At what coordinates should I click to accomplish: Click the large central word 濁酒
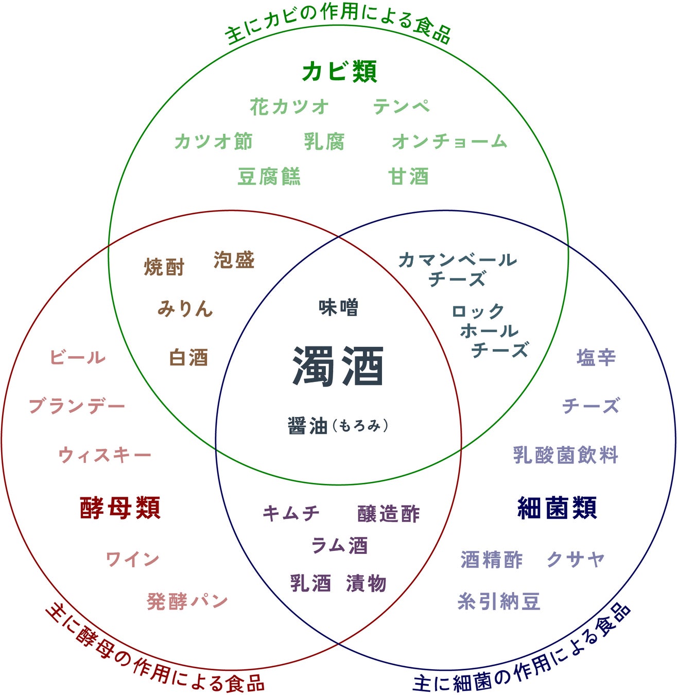point(338,366)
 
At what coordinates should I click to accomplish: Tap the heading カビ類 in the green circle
point(339,72)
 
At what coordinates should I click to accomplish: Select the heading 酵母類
point(120,508)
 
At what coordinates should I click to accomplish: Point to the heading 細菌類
point(557,508)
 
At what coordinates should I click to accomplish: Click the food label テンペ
point(401,107)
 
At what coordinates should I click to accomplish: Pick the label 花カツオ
point(289,107)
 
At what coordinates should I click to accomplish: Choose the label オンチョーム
point(449,141)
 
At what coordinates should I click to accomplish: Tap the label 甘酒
point(408,177)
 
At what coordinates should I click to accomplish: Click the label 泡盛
point(234,260)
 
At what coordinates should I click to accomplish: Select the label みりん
point(185,308)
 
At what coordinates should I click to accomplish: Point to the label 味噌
point(338,307)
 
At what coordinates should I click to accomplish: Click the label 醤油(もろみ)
point(338,426)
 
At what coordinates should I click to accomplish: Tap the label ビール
point(78,357)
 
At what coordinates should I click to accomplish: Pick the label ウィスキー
point(105,455)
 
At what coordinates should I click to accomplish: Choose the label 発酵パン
point(187,601)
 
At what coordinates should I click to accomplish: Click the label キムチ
point(291,513)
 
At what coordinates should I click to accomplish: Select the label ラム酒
point(339,546)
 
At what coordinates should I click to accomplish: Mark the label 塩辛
point(596,357)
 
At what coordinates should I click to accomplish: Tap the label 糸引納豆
point(498,601)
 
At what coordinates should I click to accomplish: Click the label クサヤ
point(576,559)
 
